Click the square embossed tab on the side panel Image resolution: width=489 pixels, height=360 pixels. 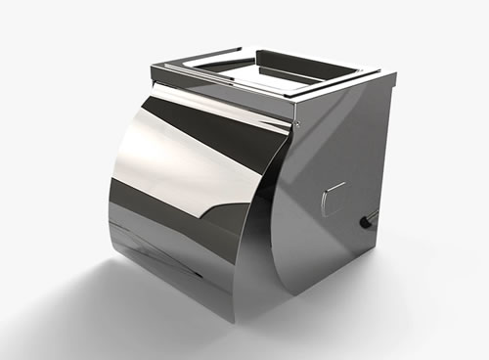333,199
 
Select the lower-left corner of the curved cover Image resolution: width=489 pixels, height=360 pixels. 110,245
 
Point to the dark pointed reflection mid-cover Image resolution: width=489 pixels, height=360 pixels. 210,205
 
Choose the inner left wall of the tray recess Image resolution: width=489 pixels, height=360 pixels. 210,67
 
